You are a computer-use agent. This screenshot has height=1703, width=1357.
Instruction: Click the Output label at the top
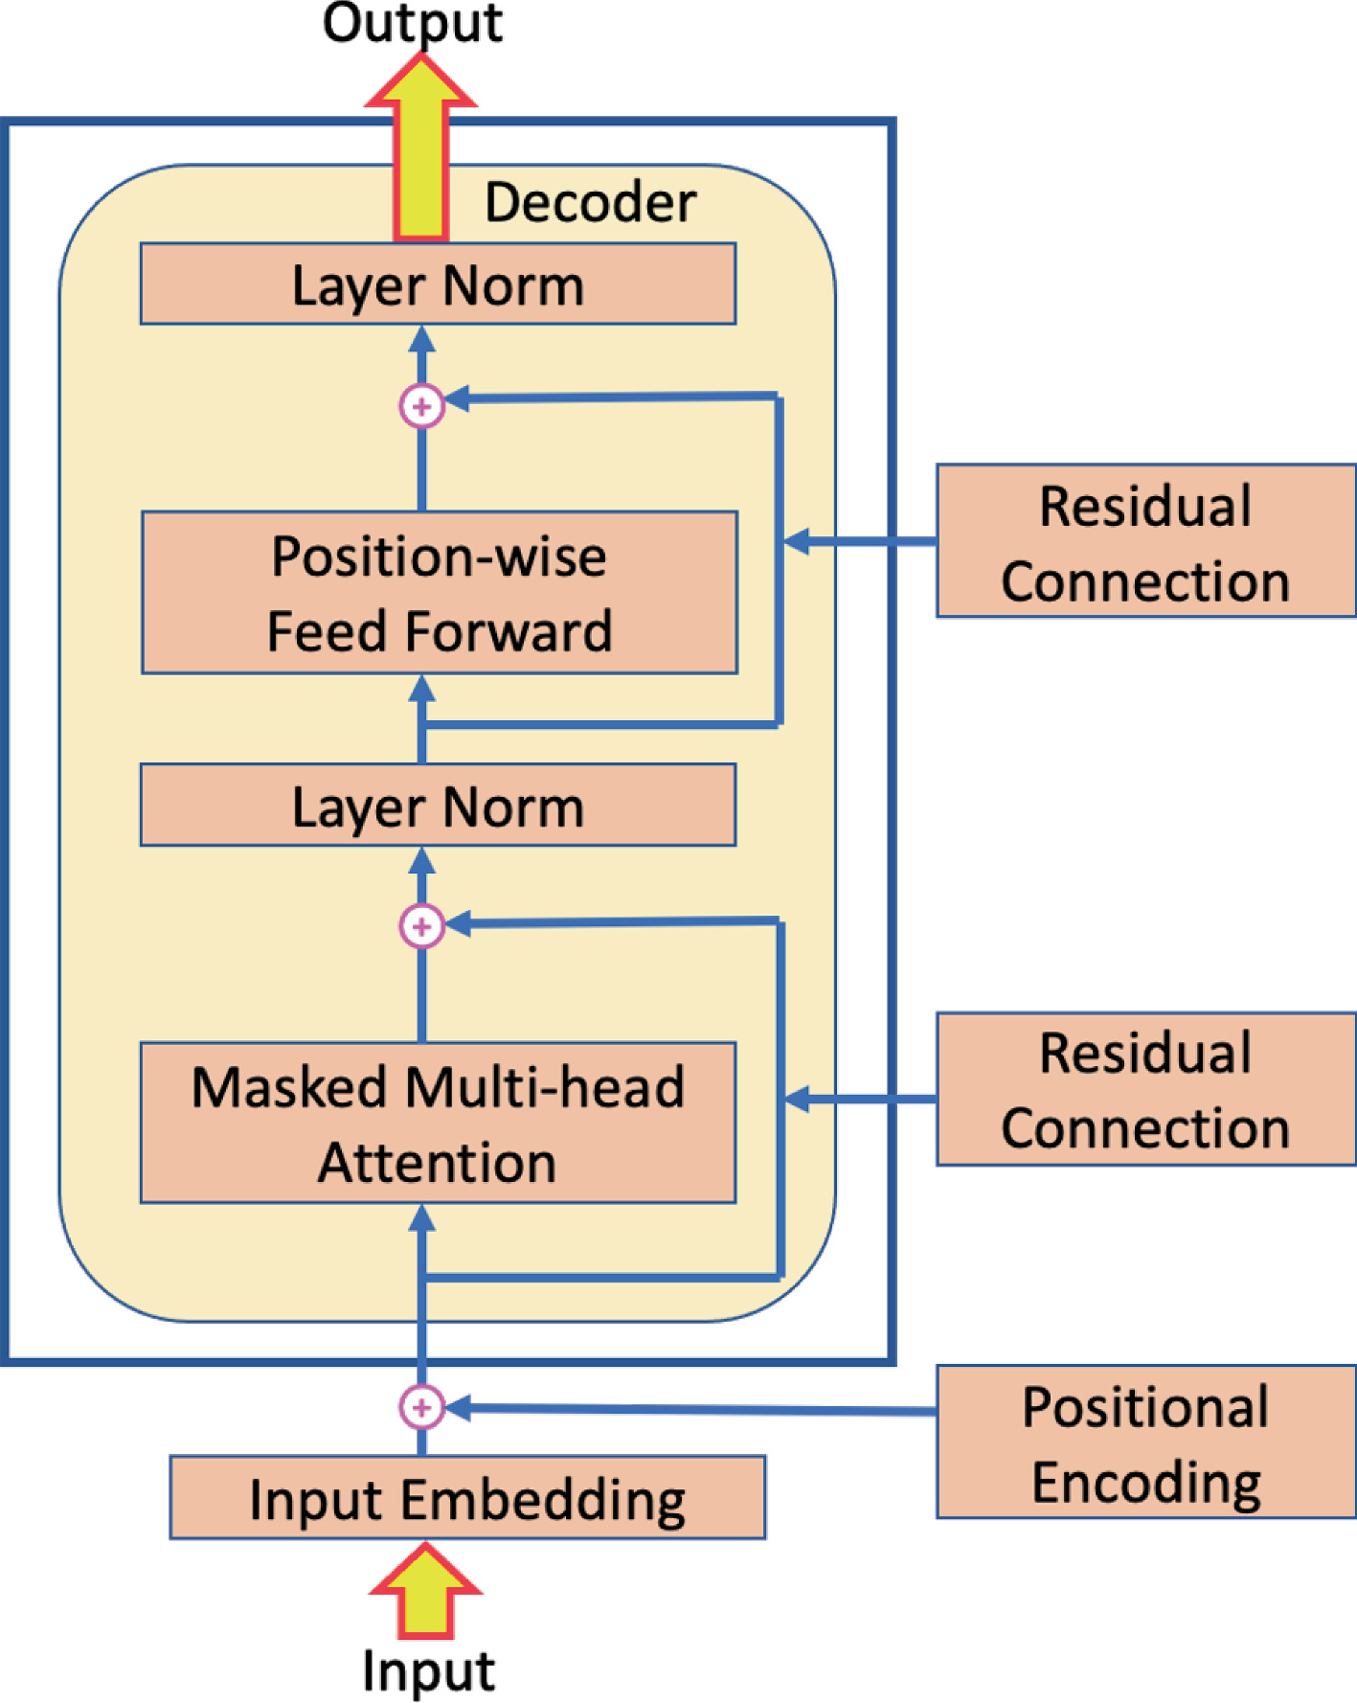(412, 23)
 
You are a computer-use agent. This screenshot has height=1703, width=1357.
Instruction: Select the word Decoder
(590, 203)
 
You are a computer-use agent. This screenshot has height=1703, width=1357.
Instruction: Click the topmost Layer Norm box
(438, 284)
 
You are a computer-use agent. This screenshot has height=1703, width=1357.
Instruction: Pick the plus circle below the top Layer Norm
(421, 406)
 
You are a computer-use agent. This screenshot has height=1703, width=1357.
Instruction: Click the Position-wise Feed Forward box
(439, 593)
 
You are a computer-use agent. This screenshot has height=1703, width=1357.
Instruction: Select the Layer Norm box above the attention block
(438, 806)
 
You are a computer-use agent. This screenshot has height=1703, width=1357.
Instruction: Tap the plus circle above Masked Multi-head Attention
(421, 926)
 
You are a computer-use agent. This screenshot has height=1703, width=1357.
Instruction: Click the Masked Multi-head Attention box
(438, 1123)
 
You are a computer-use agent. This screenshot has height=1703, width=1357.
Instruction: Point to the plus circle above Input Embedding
(421, 1407)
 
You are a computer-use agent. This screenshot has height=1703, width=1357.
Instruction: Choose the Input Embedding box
(467, 1498)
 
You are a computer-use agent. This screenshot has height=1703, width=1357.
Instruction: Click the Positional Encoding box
(1145, 1442)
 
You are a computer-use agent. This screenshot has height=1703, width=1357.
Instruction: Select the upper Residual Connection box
(1145, 541)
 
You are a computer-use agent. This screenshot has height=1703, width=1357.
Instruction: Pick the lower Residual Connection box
(1145, 1089)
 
